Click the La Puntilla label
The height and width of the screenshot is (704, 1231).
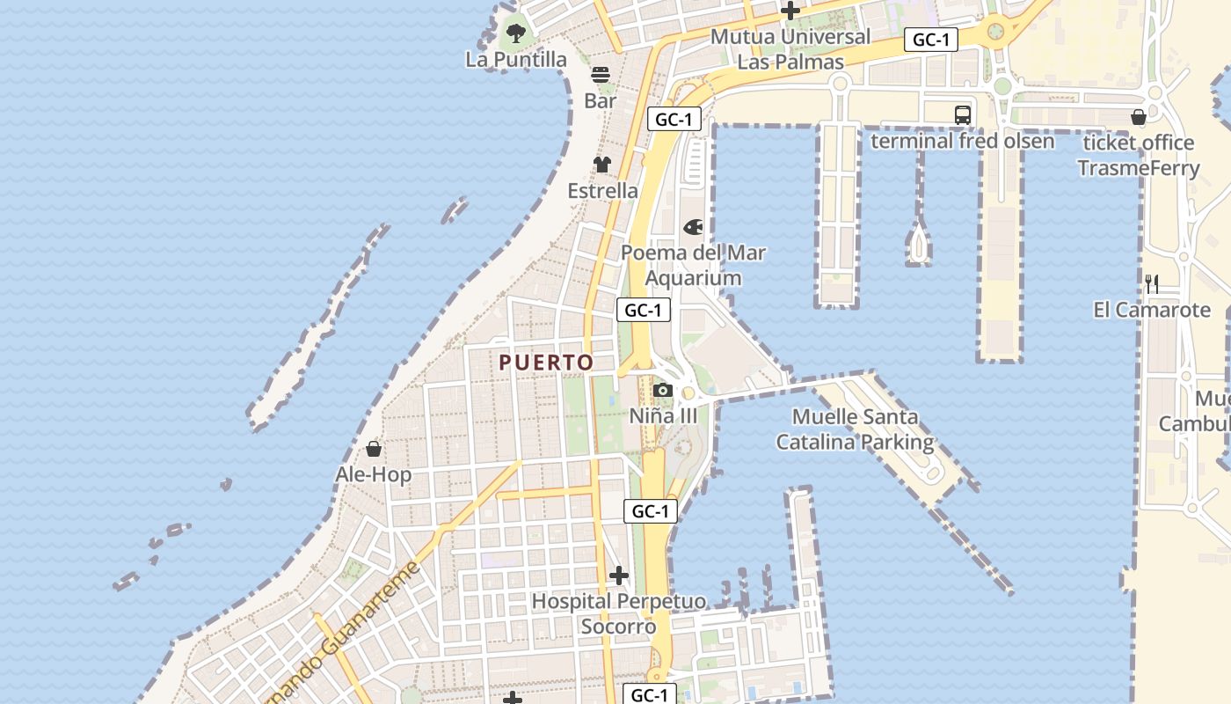pos(516,60)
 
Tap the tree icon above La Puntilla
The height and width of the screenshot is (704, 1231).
pos(516,34)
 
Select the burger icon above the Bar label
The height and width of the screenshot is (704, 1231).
pos(601,75)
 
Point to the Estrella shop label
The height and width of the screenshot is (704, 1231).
pos(602,191)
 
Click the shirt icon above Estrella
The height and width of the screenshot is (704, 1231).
pos(602,165)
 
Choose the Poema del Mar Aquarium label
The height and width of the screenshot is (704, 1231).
pos(693,265)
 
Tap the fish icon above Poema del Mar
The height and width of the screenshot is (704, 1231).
pos(693,228)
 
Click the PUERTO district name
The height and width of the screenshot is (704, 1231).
pos(546,363)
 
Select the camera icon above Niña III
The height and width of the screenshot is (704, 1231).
pos(663,391)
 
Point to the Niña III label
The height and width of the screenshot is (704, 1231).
pos(663,416)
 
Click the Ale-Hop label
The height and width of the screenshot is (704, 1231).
pos(374,475)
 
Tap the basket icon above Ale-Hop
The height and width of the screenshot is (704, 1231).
pos(374,450)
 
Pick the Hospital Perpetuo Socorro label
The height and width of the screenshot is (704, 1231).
pos(619,613)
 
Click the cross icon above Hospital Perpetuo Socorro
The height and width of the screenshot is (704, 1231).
pos(619,576)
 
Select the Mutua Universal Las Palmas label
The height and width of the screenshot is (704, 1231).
pos(790,49)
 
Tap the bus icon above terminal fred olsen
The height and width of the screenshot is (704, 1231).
pos(963,114)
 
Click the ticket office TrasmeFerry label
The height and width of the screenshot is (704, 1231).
pos(1139,155)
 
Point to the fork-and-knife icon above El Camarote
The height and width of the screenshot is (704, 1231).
pos(1152,284)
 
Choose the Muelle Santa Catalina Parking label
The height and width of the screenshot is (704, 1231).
pos(855,429)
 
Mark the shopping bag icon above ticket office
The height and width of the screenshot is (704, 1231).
pos(1139,117)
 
